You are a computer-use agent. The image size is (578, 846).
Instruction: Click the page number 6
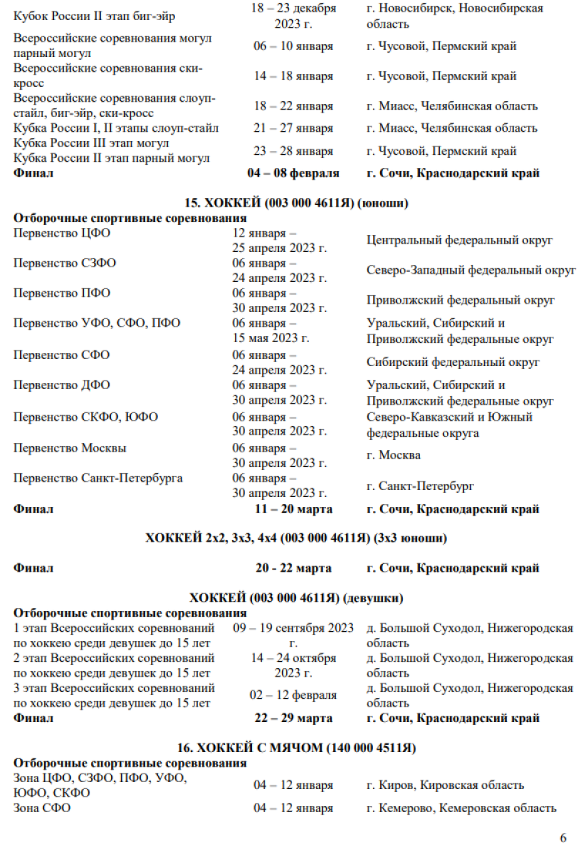563,838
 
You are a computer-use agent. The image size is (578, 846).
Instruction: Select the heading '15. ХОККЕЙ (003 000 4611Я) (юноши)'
296,203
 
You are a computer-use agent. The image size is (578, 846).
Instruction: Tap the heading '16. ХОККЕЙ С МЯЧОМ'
297,747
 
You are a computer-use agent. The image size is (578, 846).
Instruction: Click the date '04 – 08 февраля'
294,173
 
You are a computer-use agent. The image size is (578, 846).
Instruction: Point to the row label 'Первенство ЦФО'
62,233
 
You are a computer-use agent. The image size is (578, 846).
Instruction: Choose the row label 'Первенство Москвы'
70,448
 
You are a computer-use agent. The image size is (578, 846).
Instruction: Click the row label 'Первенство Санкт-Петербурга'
98,478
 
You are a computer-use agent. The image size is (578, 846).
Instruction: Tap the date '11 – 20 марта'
294,509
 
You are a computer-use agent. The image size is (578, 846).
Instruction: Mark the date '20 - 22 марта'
294,568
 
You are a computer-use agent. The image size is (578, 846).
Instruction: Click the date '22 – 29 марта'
294,718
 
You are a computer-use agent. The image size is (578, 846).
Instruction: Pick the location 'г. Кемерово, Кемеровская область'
462,808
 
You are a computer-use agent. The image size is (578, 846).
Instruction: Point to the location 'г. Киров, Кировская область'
446,785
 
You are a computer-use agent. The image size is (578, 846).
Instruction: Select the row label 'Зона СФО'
42,808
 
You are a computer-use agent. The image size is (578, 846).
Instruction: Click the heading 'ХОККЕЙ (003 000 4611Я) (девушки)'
297,598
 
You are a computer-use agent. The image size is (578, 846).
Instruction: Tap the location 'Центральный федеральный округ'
460,240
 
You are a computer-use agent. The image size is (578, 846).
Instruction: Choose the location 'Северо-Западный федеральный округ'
472,270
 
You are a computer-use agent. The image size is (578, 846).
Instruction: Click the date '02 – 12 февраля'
294,695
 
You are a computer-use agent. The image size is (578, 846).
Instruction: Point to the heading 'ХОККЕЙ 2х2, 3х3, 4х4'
296,538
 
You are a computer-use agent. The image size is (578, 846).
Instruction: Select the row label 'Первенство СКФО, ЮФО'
86,417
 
